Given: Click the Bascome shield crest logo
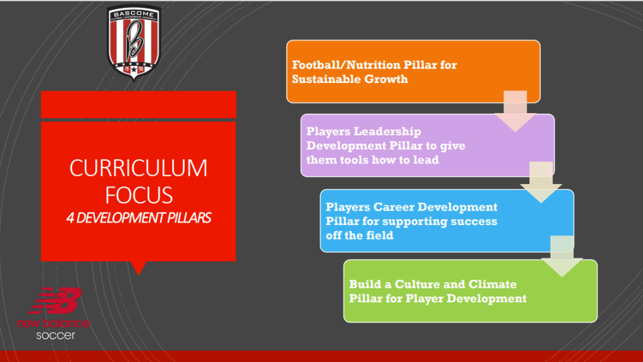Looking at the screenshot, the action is [134, 42].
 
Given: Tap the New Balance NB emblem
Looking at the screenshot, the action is [56, 301].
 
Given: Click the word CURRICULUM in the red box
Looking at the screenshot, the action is [139, 168].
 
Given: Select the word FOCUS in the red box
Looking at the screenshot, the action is [139, 195].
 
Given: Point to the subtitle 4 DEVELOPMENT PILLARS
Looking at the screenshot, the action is [139, 218].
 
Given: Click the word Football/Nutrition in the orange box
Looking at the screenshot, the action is [346, 65].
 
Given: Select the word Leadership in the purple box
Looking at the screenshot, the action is [387, 131].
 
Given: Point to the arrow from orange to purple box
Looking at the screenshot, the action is [515, 111].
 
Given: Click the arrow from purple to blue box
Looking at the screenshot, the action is [541, 182].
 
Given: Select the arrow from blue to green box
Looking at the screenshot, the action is [562, 256].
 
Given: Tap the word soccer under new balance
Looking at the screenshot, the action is [56, 336].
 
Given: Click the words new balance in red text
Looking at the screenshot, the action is [54, 323].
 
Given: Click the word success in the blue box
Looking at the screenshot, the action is [473, 222].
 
